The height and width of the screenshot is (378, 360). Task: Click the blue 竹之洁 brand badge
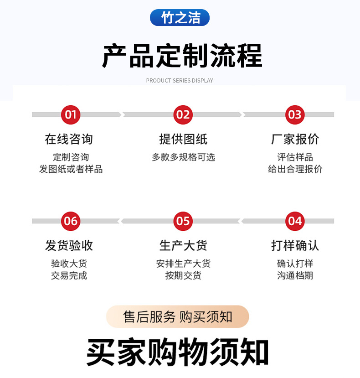(180, 18)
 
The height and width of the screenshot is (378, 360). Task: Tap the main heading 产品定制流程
(182, 56)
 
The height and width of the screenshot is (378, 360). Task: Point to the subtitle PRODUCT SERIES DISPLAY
(180, 81)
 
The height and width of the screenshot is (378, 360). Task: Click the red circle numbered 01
(71, 114)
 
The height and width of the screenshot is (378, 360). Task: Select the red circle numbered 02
(183, 114)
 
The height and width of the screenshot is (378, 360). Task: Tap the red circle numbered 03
(295, 114)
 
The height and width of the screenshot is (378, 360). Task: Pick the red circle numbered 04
(295, 221)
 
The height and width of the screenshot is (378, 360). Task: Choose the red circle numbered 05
(183, 221)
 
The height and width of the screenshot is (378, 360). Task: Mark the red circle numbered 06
(71, 221)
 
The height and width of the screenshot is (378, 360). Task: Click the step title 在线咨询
(69, 139)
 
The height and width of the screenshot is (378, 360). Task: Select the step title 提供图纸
(183, 139)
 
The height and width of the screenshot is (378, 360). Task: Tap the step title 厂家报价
(295, 139)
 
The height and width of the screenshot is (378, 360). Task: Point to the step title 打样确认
(295, 246)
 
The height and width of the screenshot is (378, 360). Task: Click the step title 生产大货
(183, 246)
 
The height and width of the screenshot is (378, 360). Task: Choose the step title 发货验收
(69, 246)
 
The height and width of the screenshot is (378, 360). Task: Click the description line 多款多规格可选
(183, 157)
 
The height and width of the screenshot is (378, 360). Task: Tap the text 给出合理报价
(295, 169)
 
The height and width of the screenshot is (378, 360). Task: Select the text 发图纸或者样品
(71, 169)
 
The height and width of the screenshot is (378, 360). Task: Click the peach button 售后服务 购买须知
(178, 317)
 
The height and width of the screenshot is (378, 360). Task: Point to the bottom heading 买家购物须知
(178, 352)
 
